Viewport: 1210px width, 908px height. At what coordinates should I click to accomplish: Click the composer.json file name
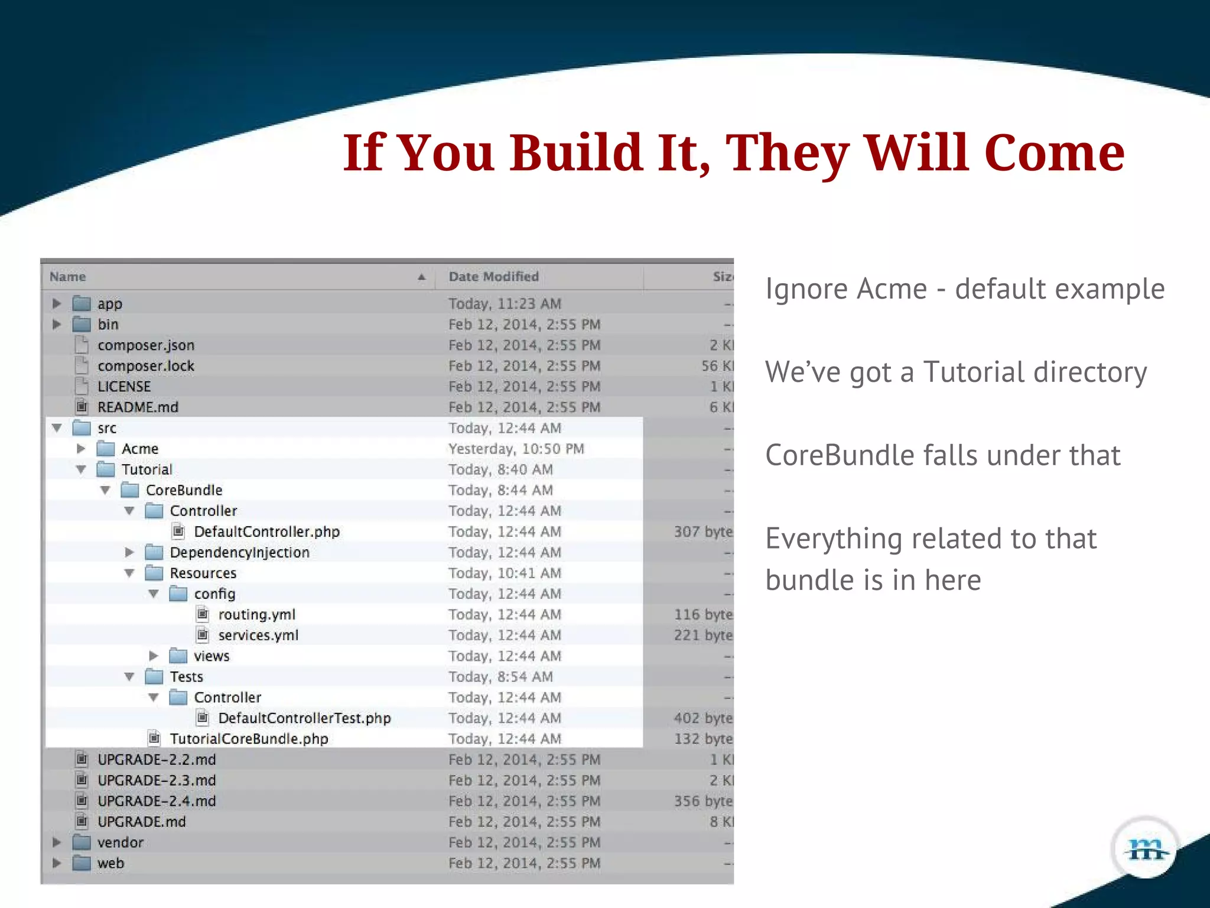click(146, 345)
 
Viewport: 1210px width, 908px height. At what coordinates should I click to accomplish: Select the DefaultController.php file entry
click(266, 531)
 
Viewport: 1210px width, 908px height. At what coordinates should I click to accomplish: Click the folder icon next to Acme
click(106, 449)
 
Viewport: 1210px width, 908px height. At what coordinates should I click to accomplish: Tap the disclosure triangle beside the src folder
click(57, 427)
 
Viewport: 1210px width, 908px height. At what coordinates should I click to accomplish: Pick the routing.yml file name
click(256, 615)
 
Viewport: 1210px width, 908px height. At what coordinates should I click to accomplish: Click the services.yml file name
click(258, 635)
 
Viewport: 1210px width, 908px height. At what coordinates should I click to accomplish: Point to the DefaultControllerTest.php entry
click(304, 718)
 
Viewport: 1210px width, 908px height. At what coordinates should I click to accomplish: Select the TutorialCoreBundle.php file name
click(249, 739)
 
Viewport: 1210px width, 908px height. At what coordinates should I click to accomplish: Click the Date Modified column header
click(493, 277)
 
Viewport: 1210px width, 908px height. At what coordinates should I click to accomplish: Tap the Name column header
click(68, 277)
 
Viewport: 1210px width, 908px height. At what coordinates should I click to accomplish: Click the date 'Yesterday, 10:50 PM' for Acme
click(516, 449)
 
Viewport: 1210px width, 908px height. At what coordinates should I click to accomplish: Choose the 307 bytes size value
click(703, 531)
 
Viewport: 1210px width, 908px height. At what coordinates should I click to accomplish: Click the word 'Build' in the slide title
click(575, 153)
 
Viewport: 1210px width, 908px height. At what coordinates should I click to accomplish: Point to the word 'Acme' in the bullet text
click(892, 289)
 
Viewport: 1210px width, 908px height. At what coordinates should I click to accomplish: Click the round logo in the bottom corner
click(1146, 849)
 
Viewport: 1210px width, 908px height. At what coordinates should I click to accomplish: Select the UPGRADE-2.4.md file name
click(157, 801)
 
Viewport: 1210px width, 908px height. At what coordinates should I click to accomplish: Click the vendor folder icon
click(82, 842)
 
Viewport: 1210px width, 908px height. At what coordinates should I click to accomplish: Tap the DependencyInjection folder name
click(239, 552)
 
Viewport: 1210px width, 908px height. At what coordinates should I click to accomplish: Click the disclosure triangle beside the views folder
click(154, 656)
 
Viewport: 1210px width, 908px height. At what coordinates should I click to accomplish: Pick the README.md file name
click(138, 407)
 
